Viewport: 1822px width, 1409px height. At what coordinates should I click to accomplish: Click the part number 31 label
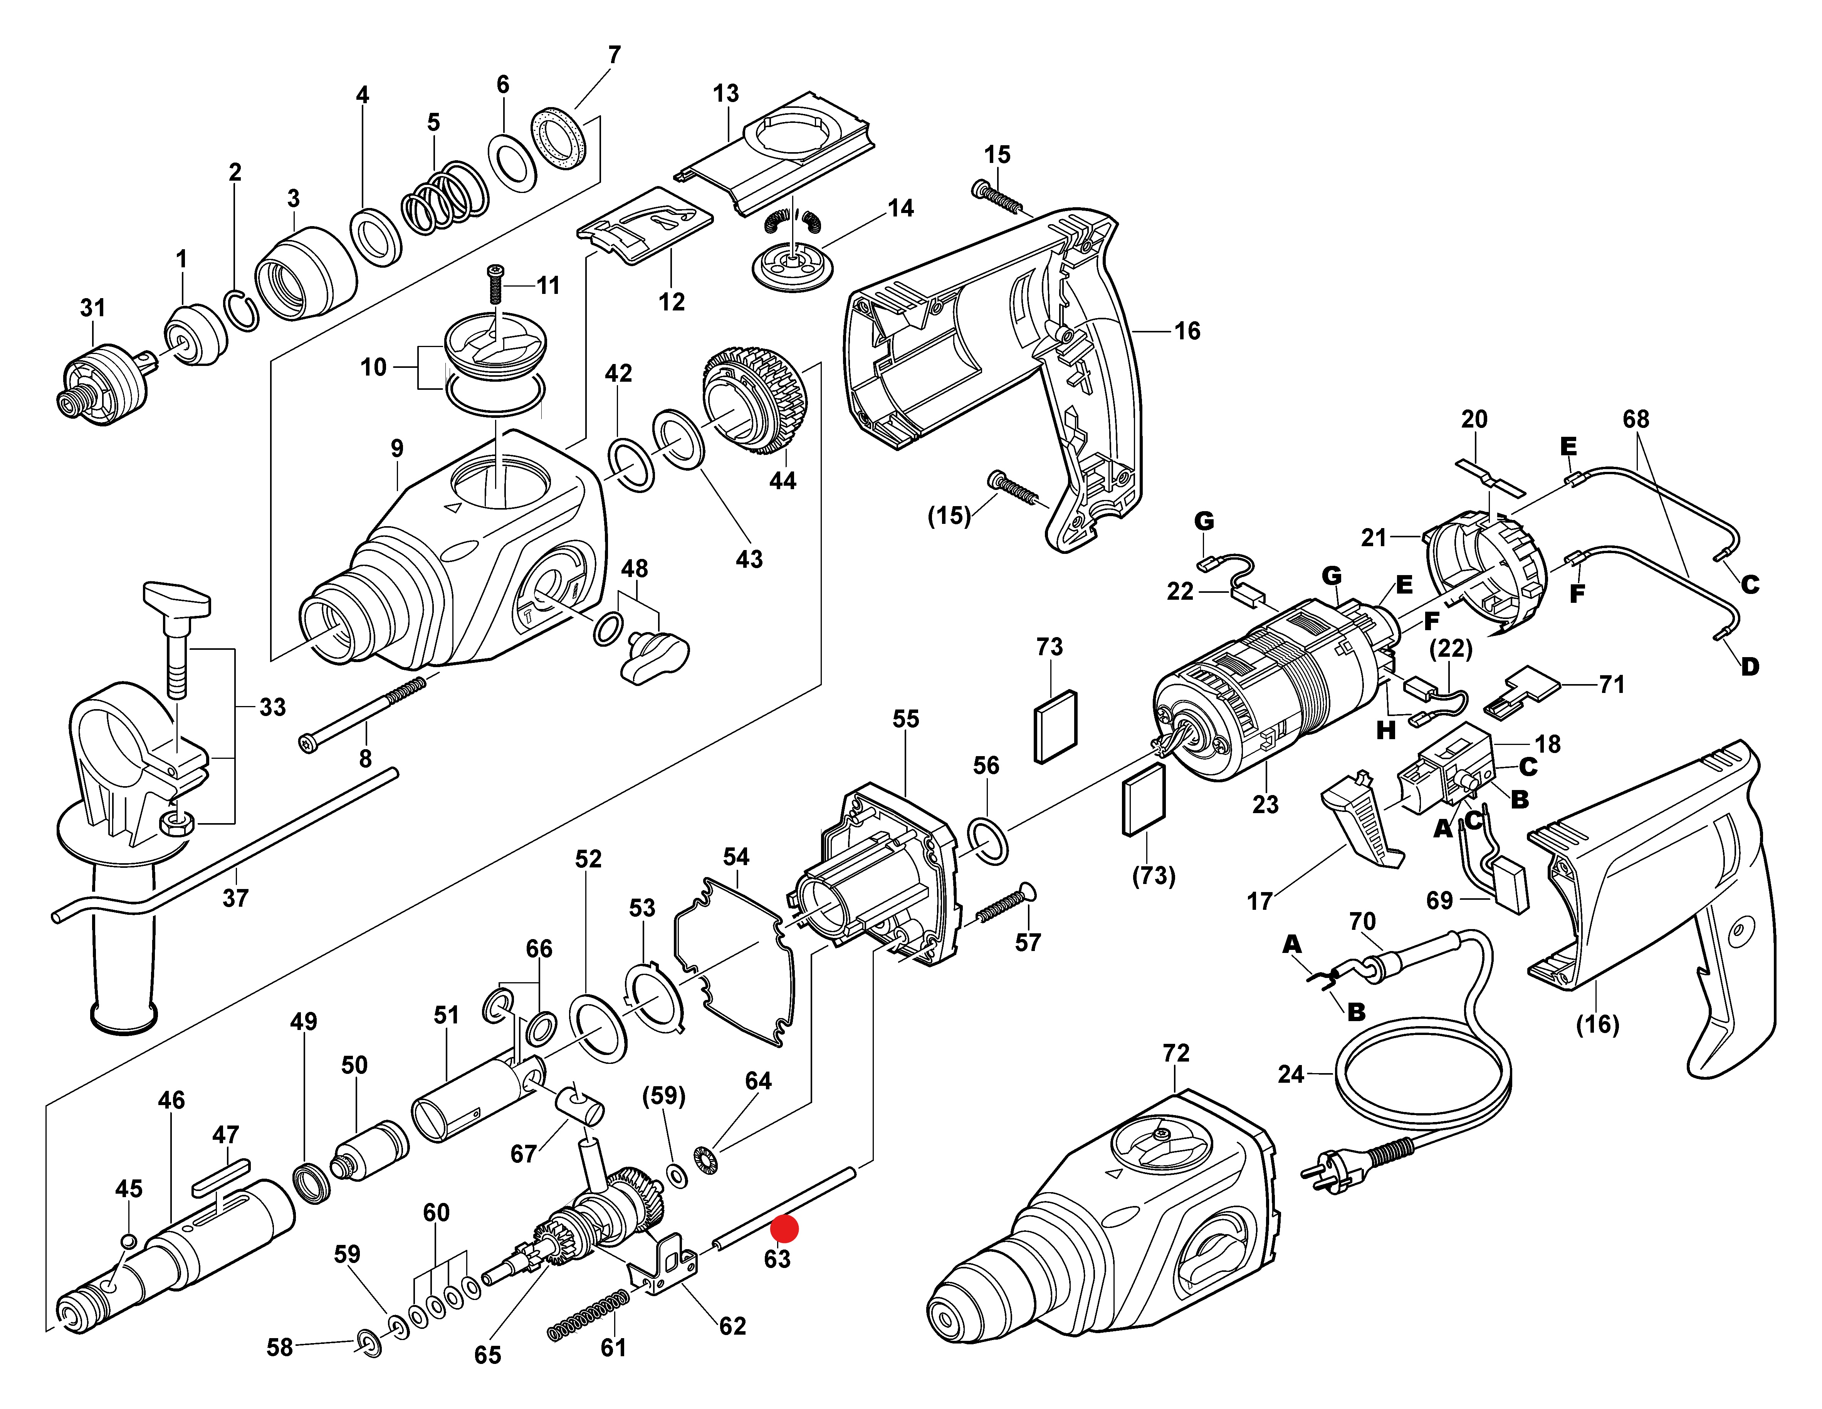click(92, 308)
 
